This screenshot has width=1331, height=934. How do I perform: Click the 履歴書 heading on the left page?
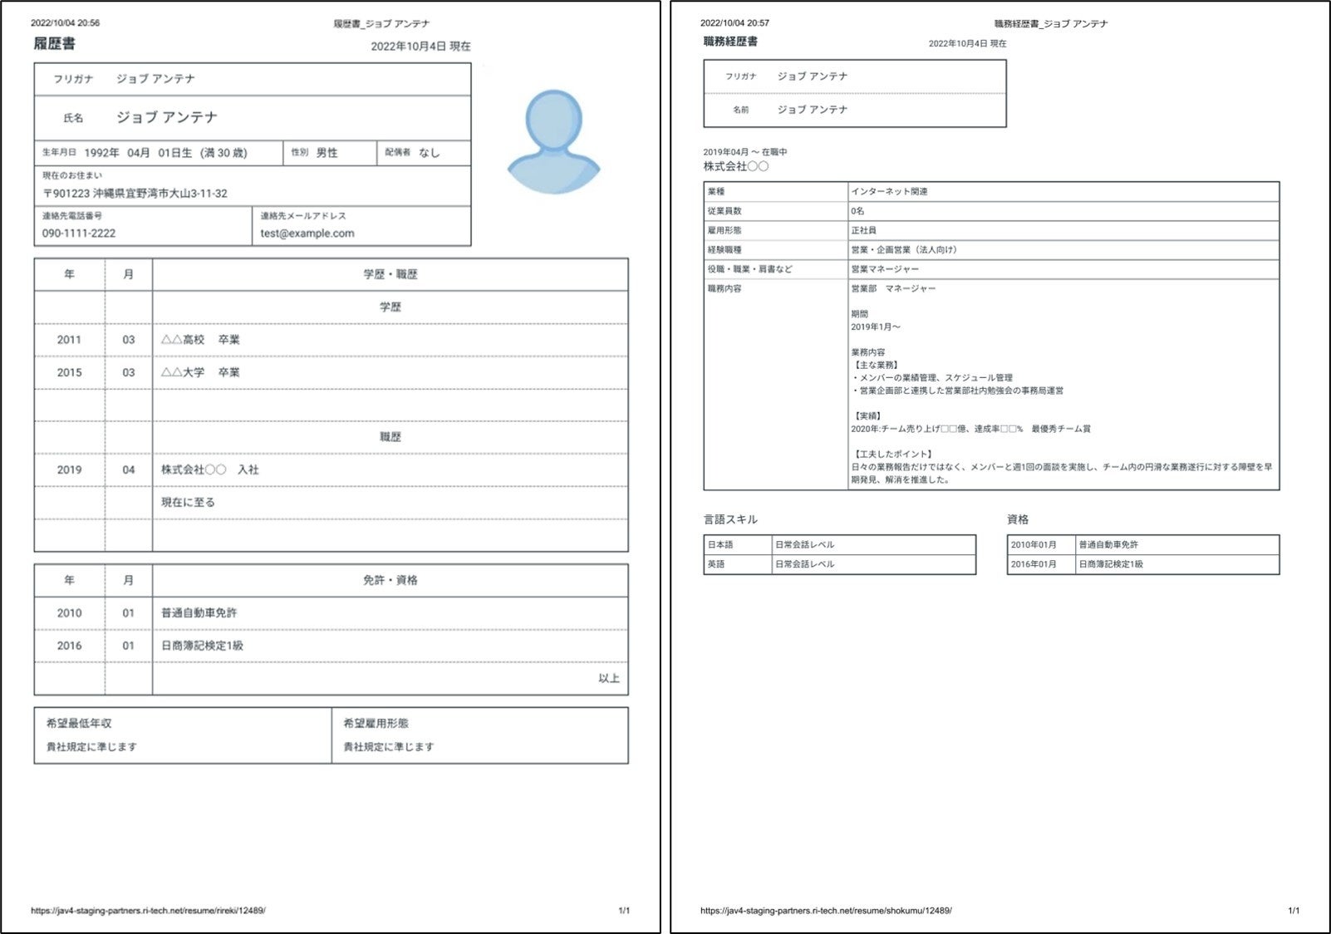click(x=54, y=44)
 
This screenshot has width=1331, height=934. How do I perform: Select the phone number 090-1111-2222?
click(x=79, y=233)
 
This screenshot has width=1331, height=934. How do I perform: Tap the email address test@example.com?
click(x=307, y=233)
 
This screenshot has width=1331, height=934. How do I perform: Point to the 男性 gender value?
click(x=327, y=153)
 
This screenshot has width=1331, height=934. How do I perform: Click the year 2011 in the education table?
click(x=69, y=340)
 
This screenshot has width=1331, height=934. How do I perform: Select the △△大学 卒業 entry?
click(x=200, y=372)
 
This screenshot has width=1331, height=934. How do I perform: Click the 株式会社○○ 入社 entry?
click(x=209, y=469)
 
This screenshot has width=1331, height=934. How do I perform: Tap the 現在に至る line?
click(x=188, y=502)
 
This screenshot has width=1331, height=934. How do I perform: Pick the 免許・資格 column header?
click(x=390, y=580)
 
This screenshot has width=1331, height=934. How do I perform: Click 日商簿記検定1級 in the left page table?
click(x=202, y=646)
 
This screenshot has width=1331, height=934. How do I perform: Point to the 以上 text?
click(x=609, y=678)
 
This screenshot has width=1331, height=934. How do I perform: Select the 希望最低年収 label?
click(x=79, y=723)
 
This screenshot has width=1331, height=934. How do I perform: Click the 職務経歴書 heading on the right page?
click(x=729, y=42)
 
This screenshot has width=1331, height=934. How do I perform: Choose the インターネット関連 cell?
click(x=889, y=192)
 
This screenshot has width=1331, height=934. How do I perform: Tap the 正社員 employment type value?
click(x=863, y=230)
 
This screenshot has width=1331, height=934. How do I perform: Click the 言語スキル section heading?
click(x=730, y=519)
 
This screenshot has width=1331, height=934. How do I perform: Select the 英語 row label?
click(x=716, y=564)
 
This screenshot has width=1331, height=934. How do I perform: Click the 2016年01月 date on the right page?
click(x=1034, y=564)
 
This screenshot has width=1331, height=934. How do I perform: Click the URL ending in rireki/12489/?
click(x=148, y=911)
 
